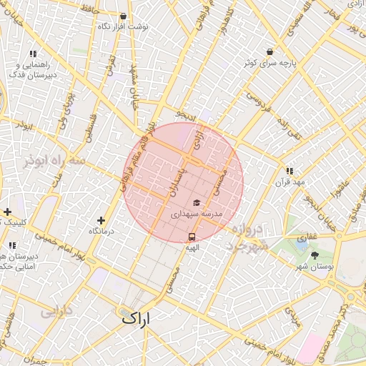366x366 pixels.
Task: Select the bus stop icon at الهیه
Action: click(192, 236)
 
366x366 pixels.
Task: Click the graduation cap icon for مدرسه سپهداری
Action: click(197, 203)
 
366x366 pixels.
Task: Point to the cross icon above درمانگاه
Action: click(101, 221)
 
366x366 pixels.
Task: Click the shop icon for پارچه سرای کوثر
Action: click(269, 52)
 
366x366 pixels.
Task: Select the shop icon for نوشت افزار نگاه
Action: click(124, 16)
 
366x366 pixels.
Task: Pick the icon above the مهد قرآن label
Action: click(290, 171)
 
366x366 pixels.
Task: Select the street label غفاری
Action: click(307, 236)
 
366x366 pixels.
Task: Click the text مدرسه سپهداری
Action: click(197, 214)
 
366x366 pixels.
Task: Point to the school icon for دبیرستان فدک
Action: click(33, 54)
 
